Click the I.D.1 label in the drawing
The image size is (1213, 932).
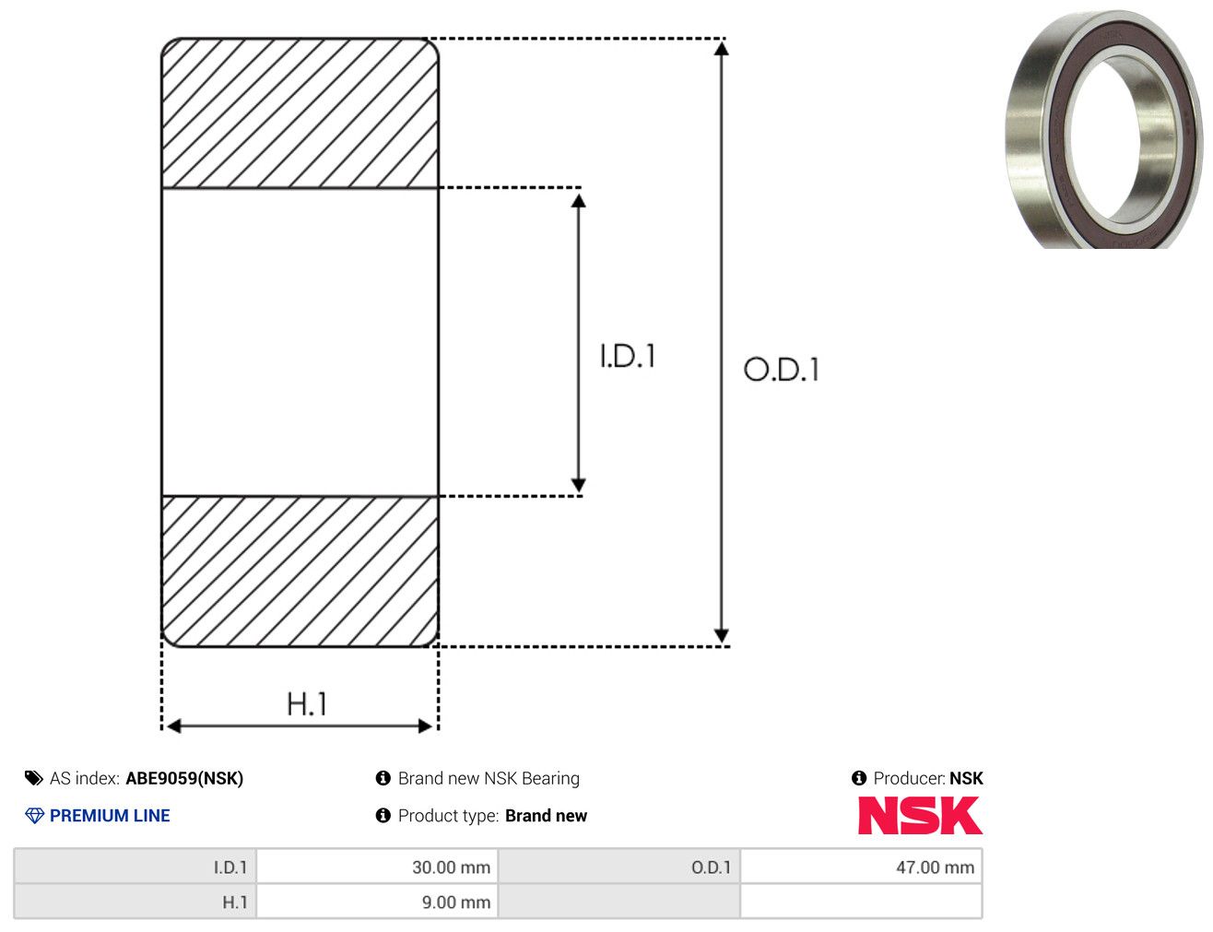(628, 356)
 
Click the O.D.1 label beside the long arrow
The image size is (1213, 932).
(782, 369)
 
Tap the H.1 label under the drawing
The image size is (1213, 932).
(306, 703)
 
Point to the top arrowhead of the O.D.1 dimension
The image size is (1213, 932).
(721, 48)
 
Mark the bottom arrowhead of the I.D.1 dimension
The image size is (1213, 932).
(578, 485)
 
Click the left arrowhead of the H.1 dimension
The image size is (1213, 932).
(173, 726)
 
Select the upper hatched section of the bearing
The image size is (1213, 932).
(300, 112)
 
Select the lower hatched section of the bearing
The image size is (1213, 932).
(300, 572)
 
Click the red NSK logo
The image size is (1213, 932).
(920, 815)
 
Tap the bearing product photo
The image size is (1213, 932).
(1103, 129)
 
